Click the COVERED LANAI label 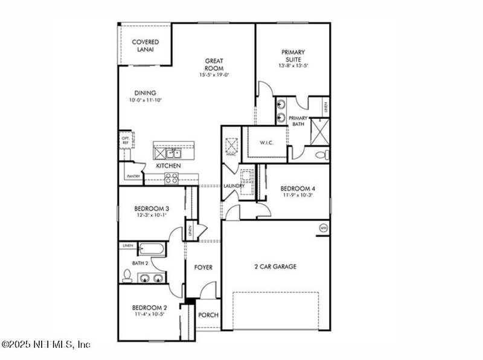(x=146, y=45)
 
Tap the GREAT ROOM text (x=214, y=64)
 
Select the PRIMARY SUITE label (x=293, y=56)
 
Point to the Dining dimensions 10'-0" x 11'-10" (x=146, y=100)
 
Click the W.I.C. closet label (x=267, y=143)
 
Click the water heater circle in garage (x=323, y=228)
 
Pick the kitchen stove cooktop (x=171, y=178)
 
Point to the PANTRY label (x=133, y=177)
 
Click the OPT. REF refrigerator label (x=125, y=140)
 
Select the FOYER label (x=203, y=267)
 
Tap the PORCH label (x=208, y=315)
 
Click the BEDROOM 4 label (x=298, y=188)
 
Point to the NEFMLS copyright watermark (x=46, y=344)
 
